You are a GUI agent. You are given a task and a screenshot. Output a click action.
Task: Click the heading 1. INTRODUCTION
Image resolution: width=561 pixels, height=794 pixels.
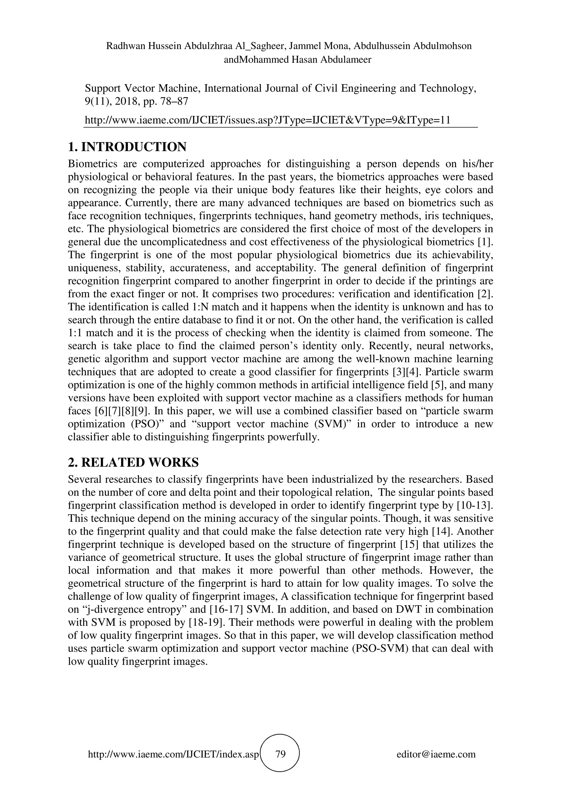[x=127, y=147]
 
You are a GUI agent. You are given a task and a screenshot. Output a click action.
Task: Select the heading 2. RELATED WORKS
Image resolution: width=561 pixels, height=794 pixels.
[x=133, y=462]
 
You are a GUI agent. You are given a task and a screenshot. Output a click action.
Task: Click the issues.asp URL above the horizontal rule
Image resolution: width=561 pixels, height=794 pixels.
[x=268, y=120]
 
